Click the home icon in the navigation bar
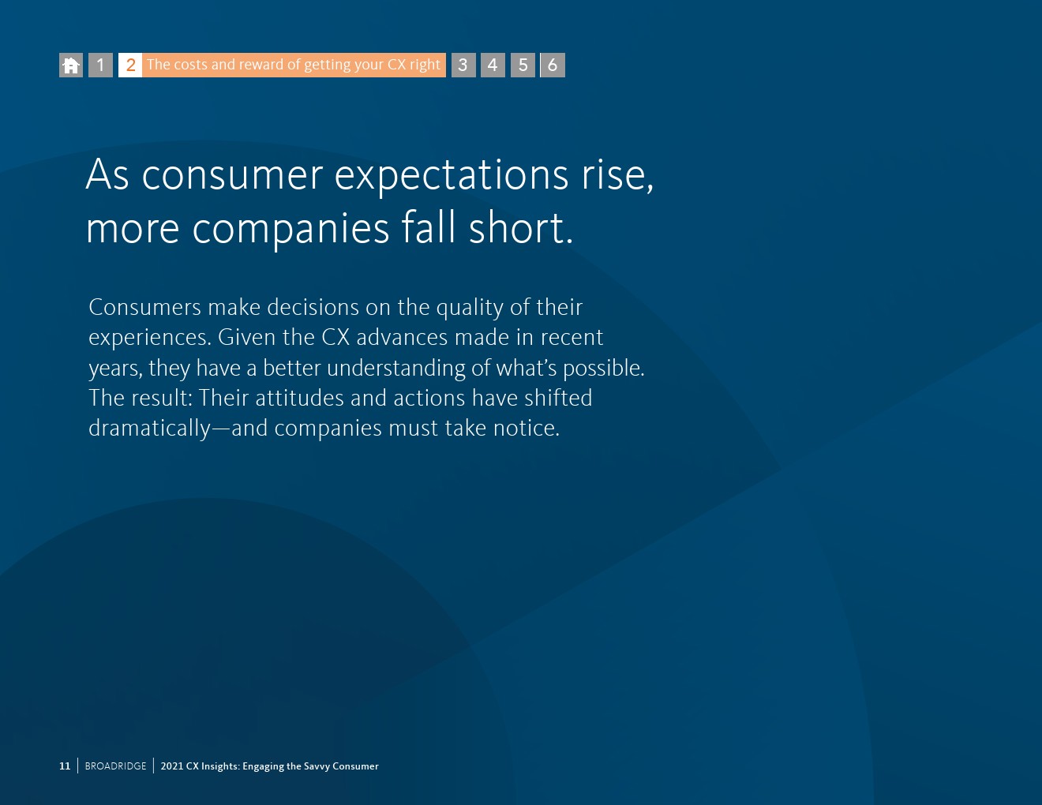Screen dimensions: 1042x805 point(71,66)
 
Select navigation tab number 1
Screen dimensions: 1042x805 point(101,66)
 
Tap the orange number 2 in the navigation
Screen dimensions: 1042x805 point(130,66)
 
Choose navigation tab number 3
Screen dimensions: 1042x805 point(463,66)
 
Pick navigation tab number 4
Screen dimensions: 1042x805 point(493,66)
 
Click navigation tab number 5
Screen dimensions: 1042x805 point(523,66)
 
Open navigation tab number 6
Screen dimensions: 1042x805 point(553,66)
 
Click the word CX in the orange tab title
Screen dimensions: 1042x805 point(396,64)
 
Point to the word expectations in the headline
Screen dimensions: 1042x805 point(452,177)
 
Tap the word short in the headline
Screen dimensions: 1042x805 point(521,227)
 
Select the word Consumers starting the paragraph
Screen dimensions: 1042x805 point(144,307)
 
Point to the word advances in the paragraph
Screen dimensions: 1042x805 point(402,338)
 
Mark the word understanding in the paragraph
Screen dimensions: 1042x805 point(395,369)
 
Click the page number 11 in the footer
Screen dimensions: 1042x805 point(65,766)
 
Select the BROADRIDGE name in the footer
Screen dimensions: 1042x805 point(115,766)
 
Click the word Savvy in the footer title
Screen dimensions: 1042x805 point(316,766)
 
